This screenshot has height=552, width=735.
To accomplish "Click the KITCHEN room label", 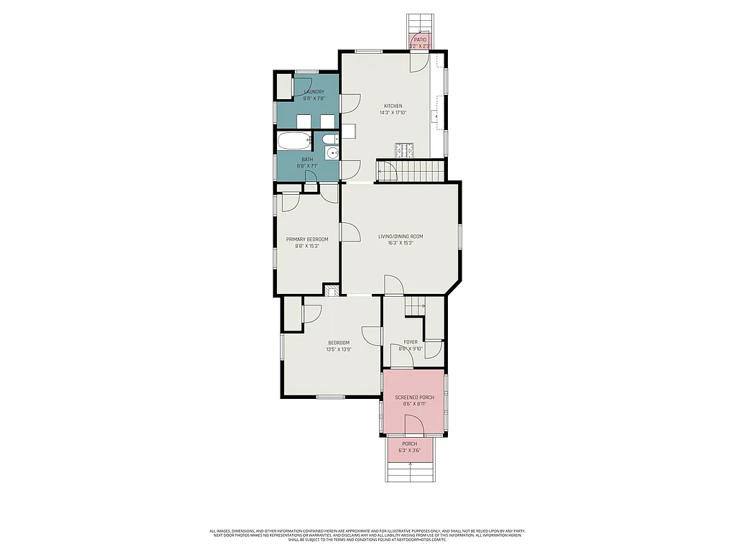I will pos(393,106).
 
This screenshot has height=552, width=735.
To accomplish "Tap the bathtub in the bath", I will pos(294,140).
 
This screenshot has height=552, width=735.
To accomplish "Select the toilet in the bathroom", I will pos(328,139).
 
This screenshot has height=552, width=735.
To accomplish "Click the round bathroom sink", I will pos(332,152).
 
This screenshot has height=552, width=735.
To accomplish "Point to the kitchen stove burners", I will pos(404,150).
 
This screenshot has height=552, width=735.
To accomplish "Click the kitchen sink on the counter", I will pos(436,115).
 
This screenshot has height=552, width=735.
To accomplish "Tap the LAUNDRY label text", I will pos(314,92).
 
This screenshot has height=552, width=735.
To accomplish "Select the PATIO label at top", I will pos(420,40).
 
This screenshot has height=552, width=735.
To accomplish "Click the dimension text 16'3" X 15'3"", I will pos(401,243).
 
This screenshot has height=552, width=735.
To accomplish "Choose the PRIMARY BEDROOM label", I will pos(307,239).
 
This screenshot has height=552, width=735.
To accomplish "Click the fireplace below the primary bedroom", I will pos(331,290).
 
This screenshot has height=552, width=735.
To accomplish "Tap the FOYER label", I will pos(411,342).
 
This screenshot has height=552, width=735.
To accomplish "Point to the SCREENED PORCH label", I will pos(414,397).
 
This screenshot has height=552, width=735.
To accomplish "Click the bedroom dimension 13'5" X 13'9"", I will pos(339,349).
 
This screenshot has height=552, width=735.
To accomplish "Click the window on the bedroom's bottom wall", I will pos(331,397).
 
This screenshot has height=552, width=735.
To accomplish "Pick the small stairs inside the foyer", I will pos(415,307).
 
